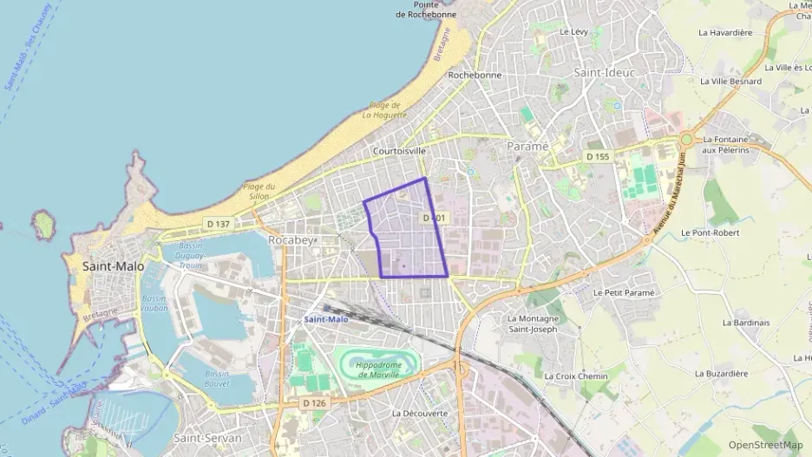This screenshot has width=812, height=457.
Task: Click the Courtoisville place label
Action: click(399, 150)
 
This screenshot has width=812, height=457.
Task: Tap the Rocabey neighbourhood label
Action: click(290, 239)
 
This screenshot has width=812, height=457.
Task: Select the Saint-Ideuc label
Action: click(605, 73)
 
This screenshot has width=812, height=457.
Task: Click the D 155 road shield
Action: click(598, 156)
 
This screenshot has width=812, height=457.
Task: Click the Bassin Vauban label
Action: click(154, 304)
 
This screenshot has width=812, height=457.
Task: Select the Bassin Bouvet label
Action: click(217, 378)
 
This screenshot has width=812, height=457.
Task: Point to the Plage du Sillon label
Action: click(259, 191)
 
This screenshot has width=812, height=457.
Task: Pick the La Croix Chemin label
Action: click(576, 376)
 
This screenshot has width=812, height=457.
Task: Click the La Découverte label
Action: click(420, 413)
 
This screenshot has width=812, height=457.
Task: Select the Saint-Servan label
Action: click(207, 438)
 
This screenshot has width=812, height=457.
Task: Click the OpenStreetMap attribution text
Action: click(766, 445)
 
